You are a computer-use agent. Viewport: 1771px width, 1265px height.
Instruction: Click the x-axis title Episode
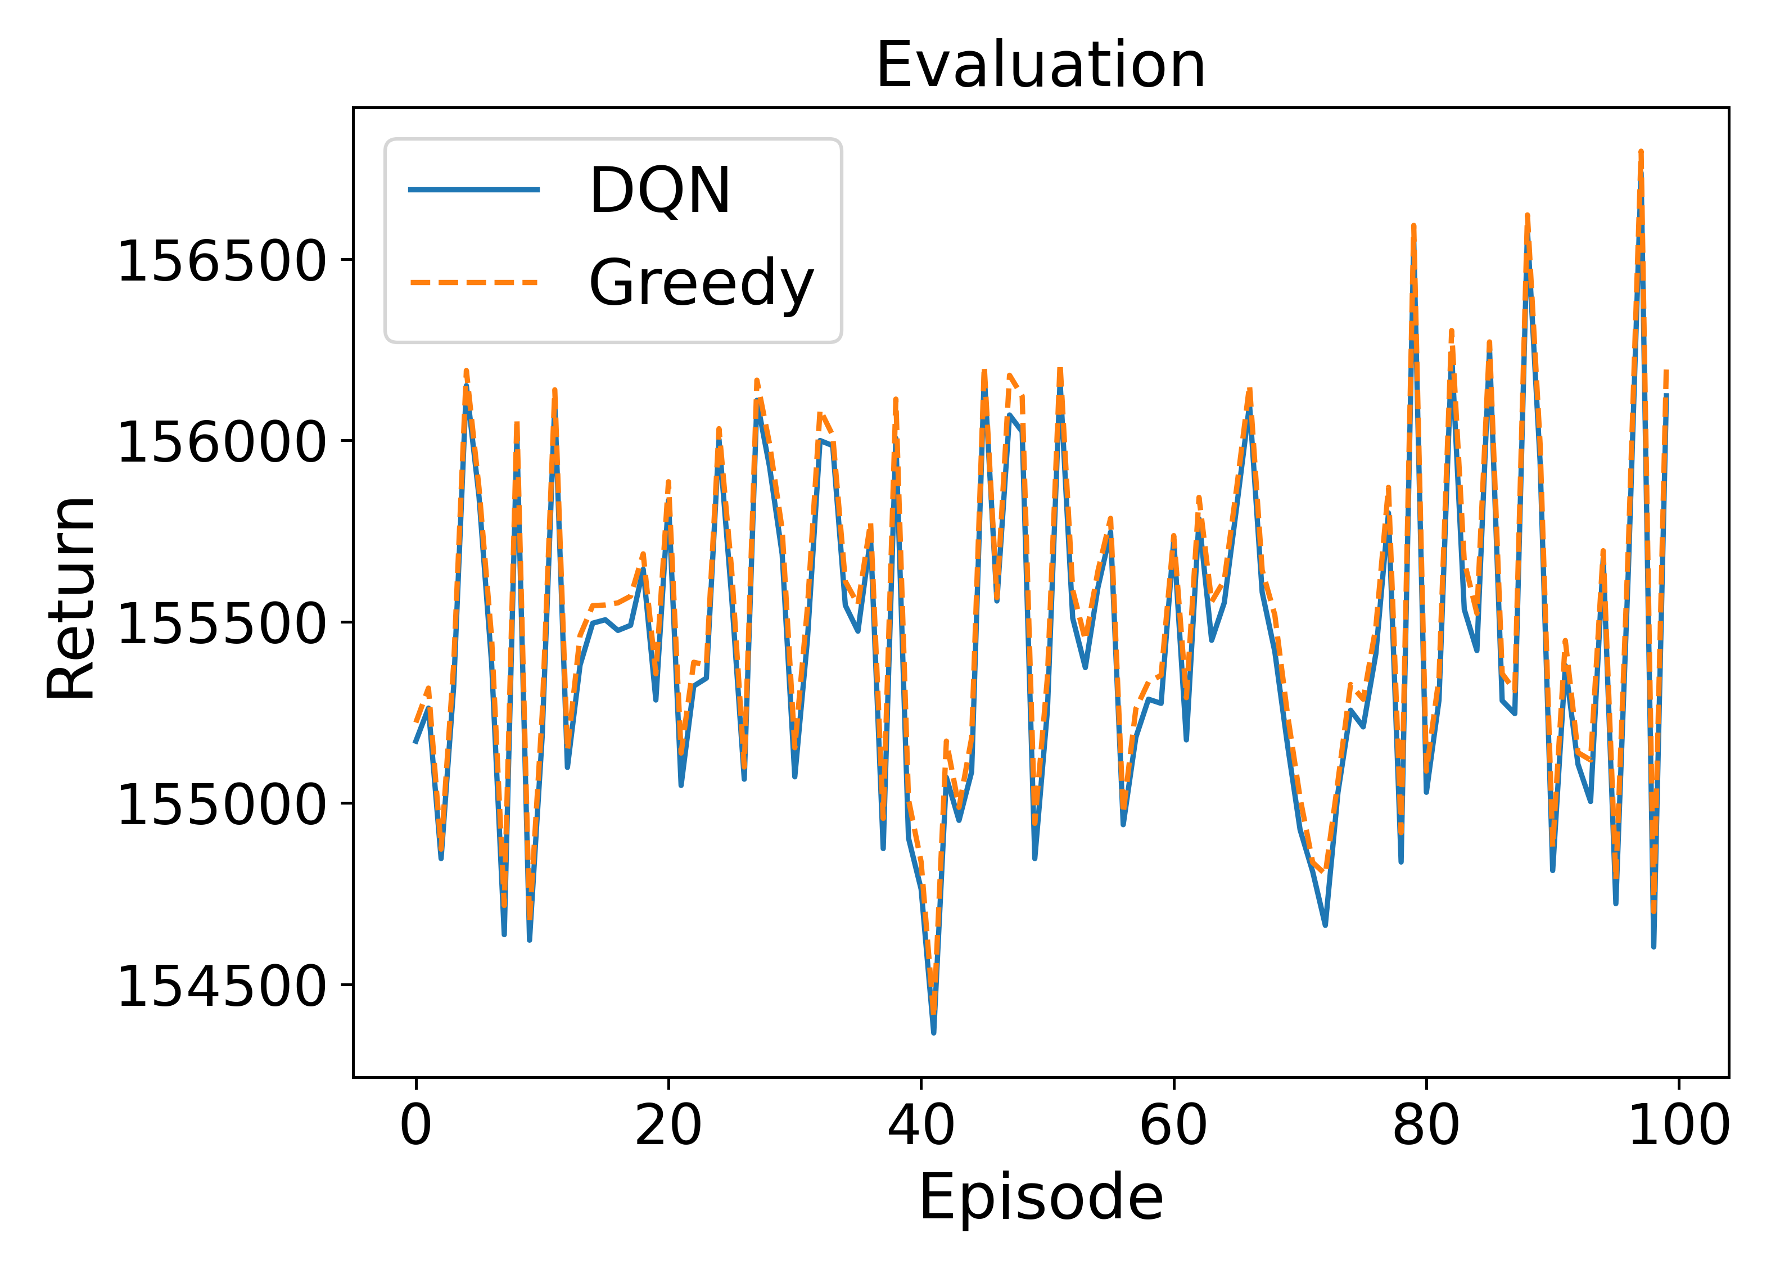(1041, 1196)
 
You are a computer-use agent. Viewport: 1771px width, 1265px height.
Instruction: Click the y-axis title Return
(71, 598)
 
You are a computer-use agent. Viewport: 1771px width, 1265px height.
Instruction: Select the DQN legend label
(659, 190)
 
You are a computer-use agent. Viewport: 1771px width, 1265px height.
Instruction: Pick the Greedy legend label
(700, 282)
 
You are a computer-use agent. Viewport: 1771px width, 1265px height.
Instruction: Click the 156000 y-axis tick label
(221, 442)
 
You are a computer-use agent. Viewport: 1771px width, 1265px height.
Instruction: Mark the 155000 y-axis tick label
(221, 804)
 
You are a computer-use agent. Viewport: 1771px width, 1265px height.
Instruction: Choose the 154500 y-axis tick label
(221, 986)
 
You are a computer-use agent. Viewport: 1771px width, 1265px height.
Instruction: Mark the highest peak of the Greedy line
(1640, 153)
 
